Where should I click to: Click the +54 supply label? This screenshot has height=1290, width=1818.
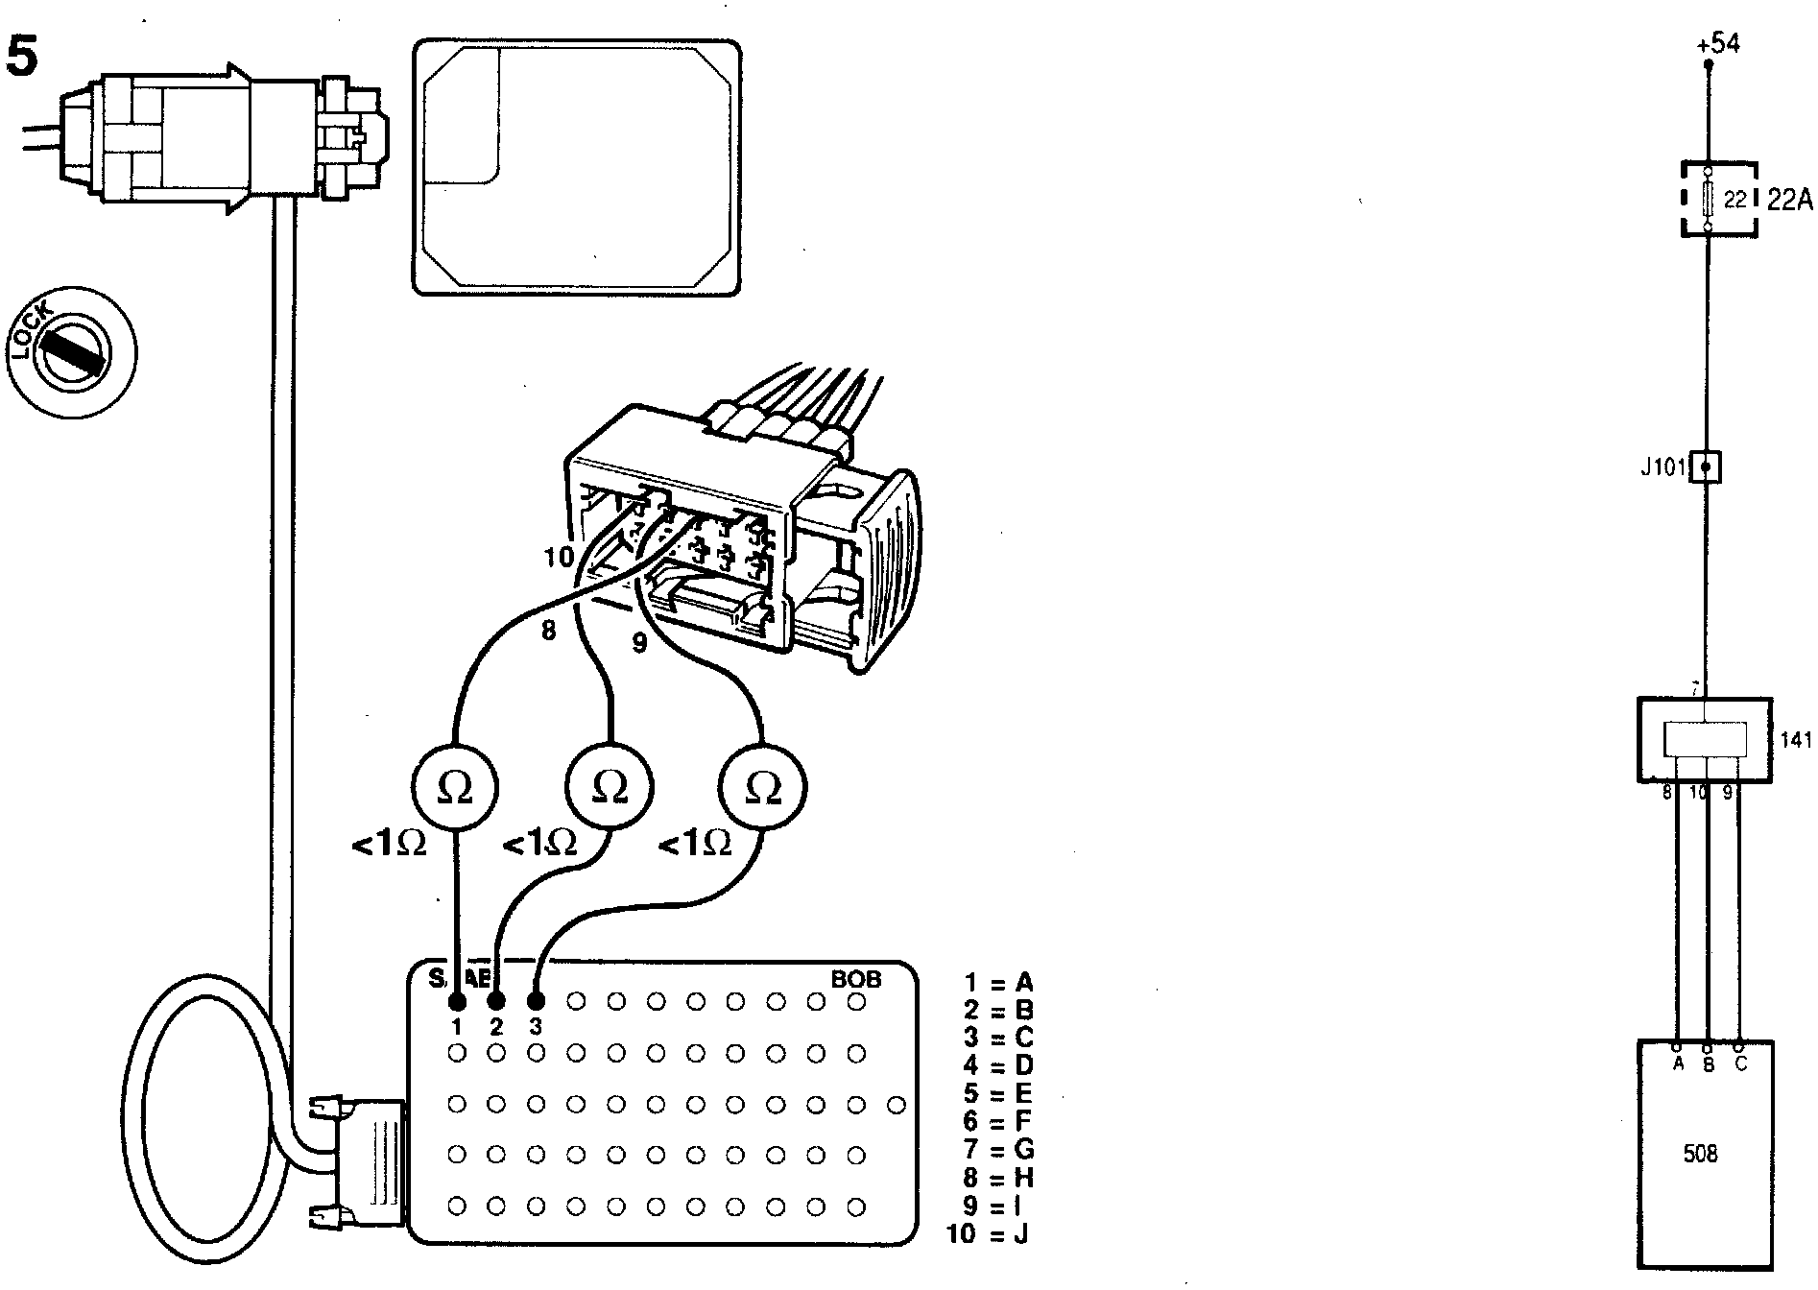tap(1717, 44)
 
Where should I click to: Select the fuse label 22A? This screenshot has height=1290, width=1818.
tap(1789, 200)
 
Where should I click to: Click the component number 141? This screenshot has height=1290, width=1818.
tap(1795, 740)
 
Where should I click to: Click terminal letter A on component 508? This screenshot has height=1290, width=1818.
tap(1677, 1063)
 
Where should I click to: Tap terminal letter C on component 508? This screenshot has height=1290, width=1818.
tap(1740, 1063)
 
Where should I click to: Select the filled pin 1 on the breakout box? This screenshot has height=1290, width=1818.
tap(457, 1002)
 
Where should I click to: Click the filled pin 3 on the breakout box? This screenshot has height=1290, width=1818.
tap(536, 1002)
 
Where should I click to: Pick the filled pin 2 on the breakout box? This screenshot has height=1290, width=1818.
tap(496, 1002)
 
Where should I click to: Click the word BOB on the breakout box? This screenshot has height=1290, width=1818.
tap(855, 980)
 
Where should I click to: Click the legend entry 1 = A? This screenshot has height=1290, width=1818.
tap(998, 983)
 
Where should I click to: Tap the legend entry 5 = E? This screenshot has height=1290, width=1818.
tap(998, 1094)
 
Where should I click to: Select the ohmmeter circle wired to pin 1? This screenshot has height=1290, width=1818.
tap(455, 788)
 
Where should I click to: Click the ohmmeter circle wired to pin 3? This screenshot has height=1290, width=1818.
tap(764, 788)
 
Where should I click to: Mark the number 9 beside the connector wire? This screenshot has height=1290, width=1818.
tap(639, 644)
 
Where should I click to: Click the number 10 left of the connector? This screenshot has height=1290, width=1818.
tap(559, 557)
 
